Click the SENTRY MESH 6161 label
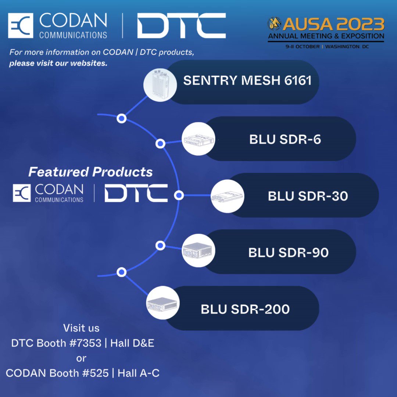(x=247, y=81)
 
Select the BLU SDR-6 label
(x=285, y=139)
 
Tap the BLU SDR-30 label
(x=308, y=196)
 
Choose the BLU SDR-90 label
(x=289, y=253)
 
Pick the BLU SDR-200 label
(x=245, y=309)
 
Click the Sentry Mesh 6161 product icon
(x=160, y=85)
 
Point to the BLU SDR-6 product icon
(x=198, y=139)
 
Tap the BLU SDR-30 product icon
(x=228, y=196)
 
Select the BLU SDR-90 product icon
(x=198, y=250)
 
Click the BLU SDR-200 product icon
(x=163, y=303)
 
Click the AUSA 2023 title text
(x=333, y=24)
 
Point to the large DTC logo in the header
(x=181, y=26)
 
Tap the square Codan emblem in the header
(x=21, y=26)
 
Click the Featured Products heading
(x=90, y=172)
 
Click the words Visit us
(x=81, y=328)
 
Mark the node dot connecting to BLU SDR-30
(x=179, y=195)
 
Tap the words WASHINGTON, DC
(x=347, y=47)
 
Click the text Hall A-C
(x=139, y=373)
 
